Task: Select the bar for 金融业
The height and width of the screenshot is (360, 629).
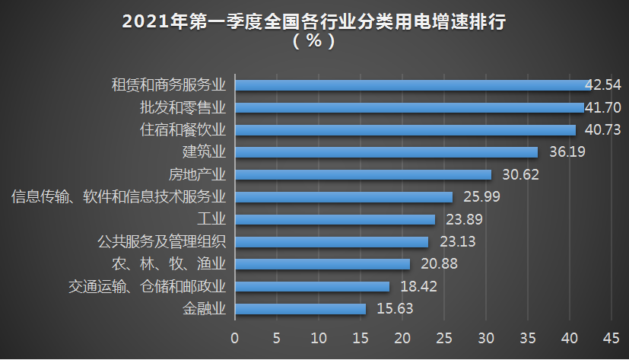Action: point(300,309)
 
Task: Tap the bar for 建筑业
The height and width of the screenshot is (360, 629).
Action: point(386,152)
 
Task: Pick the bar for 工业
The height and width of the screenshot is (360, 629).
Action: point(335,219)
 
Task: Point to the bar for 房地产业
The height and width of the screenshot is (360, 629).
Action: point(363,174)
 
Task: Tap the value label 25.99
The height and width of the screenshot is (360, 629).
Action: point(480,197)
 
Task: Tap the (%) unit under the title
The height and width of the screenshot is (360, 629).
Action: point(313,42)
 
